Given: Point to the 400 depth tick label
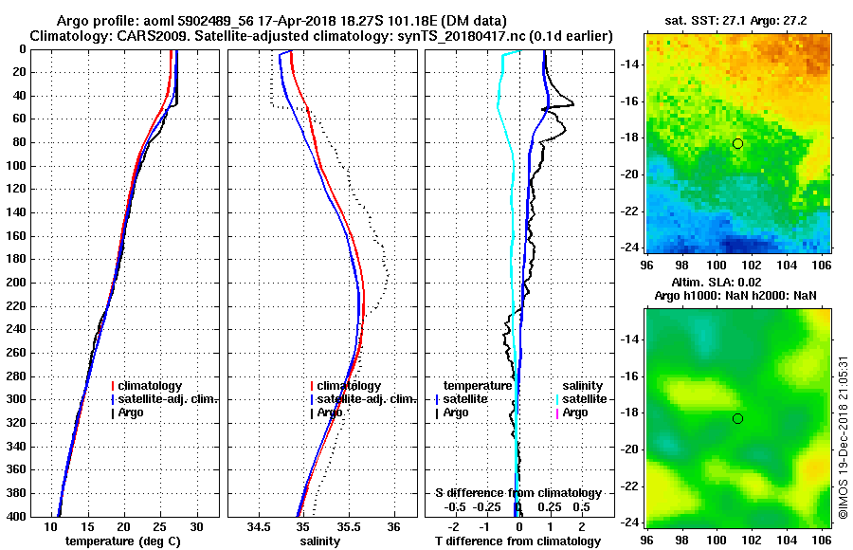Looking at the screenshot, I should coord(19,517).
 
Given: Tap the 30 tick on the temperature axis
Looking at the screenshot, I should coord(196,525).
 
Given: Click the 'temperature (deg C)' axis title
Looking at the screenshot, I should coord(123,541).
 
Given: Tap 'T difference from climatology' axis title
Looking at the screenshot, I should coord(518,541).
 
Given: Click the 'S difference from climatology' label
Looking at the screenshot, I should coord(518,493).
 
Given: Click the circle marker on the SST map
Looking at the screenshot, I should coord(737,143).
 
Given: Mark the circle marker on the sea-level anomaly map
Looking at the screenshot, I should coord(737,418).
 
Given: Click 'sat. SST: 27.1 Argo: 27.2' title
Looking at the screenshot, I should coord(736,20).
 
